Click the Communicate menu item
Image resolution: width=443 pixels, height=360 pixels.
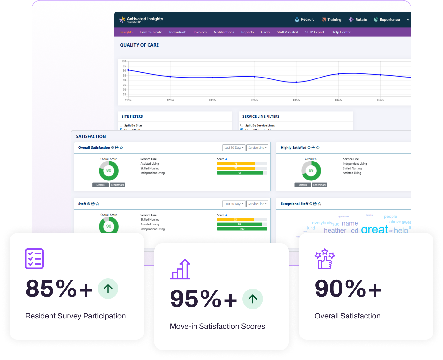tap(151, 32)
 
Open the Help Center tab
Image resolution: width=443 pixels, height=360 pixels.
tap(341, 32)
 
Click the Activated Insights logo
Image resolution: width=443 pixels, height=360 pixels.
tap(141, 19)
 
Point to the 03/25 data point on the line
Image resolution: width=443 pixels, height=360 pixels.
tap(296, 82)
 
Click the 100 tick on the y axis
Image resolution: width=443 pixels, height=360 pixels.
tap(124, 61)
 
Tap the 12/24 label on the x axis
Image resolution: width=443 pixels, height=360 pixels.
tap(170, 100)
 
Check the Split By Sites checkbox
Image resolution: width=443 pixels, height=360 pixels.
tap(121, 125)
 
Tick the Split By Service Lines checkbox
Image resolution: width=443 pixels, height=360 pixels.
tap(242, 125)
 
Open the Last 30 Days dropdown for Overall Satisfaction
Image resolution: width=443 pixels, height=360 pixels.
tap(234, 148)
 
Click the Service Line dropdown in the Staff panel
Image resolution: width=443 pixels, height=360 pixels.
tap(257, 204)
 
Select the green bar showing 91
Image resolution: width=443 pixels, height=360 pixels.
tap(240, 173)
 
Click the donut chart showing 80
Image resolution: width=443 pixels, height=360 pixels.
tap(109, 171)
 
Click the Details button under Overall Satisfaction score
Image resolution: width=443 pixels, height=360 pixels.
tap(100, 185)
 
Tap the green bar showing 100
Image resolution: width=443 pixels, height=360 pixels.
tap(242, 229)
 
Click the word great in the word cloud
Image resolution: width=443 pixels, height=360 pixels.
tap(375, 229)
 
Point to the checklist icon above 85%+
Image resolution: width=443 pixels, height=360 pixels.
tap(34, 259)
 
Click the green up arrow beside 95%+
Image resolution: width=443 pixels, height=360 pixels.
tap(253, 299)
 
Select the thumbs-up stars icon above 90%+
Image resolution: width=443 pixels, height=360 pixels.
tap(325, 259)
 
